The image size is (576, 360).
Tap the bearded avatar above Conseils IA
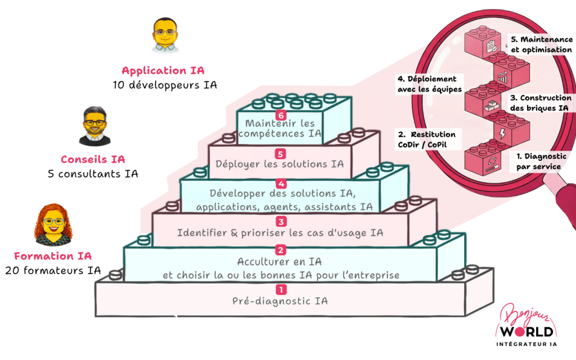click(x=94, y=125)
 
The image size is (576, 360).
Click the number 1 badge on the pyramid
click(x=281, y=290)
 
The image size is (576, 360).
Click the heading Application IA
click(x=163, y=71)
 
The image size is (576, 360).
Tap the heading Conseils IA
click(x=93, y=159)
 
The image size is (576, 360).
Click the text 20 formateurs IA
click(x=53, y=271)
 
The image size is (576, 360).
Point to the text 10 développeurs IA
click(x=164, y=85)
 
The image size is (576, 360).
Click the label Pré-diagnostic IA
click(x=280, y=301)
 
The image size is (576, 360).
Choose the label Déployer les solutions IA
click(x=280, y=164)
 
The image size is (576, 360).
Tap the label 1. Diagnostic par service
click(x=537, y=162)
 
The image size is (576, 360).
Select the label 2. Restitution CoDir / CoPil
click(x=426, y=140)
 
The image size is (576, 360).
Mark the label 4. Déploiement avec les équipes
click(x=426, y=84)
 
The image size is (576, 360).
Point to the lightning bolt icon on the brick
click(x=502, y=133)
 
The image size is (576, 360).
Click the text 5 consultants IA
click(x=93, y=174)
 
